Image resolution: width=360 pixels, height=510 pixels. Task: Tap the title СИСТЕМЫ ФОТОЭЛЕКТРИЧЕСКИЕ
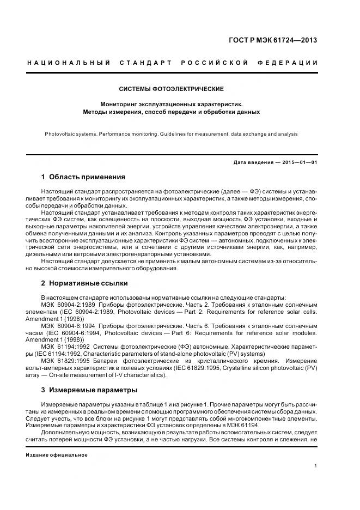click(x=171, y=89)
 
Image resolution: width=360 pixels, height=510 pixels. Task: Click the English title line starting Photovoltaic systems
click(x=171, y=133)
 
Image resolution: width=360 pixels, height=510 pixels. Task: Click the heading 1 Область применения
click(x=83, y=177)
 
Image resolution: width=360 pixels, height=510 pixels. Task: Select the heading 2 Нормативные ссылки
click(x=84, y=283)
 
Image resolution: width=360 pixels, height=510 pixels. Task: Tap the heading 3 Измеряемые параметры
click(x=89, y=390)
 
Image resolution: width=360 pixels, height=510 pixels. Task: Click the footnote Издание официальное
click(x=57, y=454)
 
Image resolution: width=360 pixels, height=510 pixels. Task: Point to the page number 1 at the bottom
click(x=316, y=466)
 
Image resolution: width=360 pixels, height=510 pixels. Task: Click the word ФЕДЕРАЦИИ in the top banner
click(x=291, y=63)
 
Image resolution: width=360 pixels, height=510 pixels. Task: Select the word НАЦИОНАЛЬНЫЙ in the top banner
click(x=68, y=63)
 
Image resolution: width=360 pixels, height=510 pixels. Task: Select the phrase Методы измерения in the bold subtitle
click(x=111, y=112)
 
